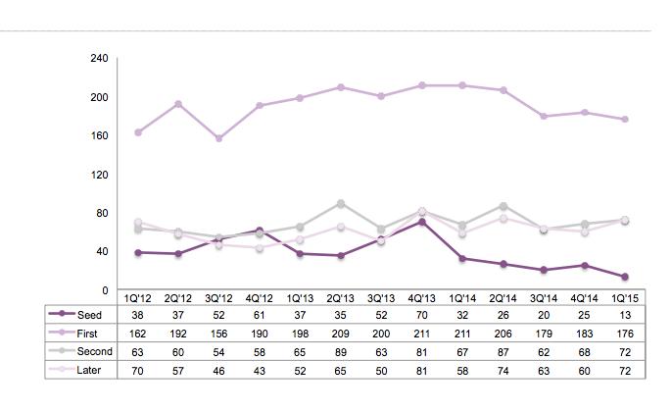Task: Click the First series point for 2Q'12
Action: click(178, 104)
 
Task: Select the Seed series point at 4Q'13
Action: click(422, 222)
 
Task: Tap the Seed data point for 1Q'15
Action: click(625, 277)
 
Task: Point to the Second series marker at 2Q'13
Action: click(341, 204)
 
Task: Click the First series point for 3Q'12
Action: click(218, 138)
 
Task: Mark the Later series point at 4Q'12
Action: click(260, 248)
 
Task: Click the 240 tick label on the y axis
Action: click(99, 58)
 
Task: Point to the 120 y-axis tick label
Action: click(99, 175)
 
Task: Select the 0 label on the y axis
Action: click(105, 290)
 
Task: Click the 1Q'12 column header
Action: click(137, 298)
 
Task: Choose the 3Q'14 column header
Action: click(544, 298)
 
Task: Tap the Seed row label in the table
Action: click(89, 315)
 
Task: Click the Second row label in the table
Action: click(95, 351)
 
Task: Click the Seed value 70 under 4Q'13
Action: click(422, 315)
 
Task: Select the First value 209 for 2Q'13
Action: click(341, 334)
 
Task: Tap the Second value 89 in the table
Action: click(341, 352)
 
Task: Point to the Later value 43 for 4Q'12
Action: click(260, 371)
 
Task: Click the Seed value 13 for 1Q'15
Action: click(625, 315)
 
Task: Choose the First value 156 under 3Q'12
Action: click(218, 334)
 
